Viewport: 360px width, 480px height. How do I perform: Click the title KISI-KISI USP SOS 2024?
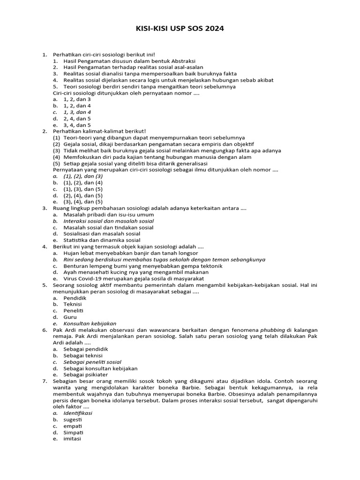[x=180, y=29]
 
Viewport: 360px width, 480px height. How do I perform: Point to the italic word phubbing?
[x=272, y=330]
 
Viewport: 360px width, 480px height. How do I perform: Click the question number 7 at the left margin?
[x=45, y=381]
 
